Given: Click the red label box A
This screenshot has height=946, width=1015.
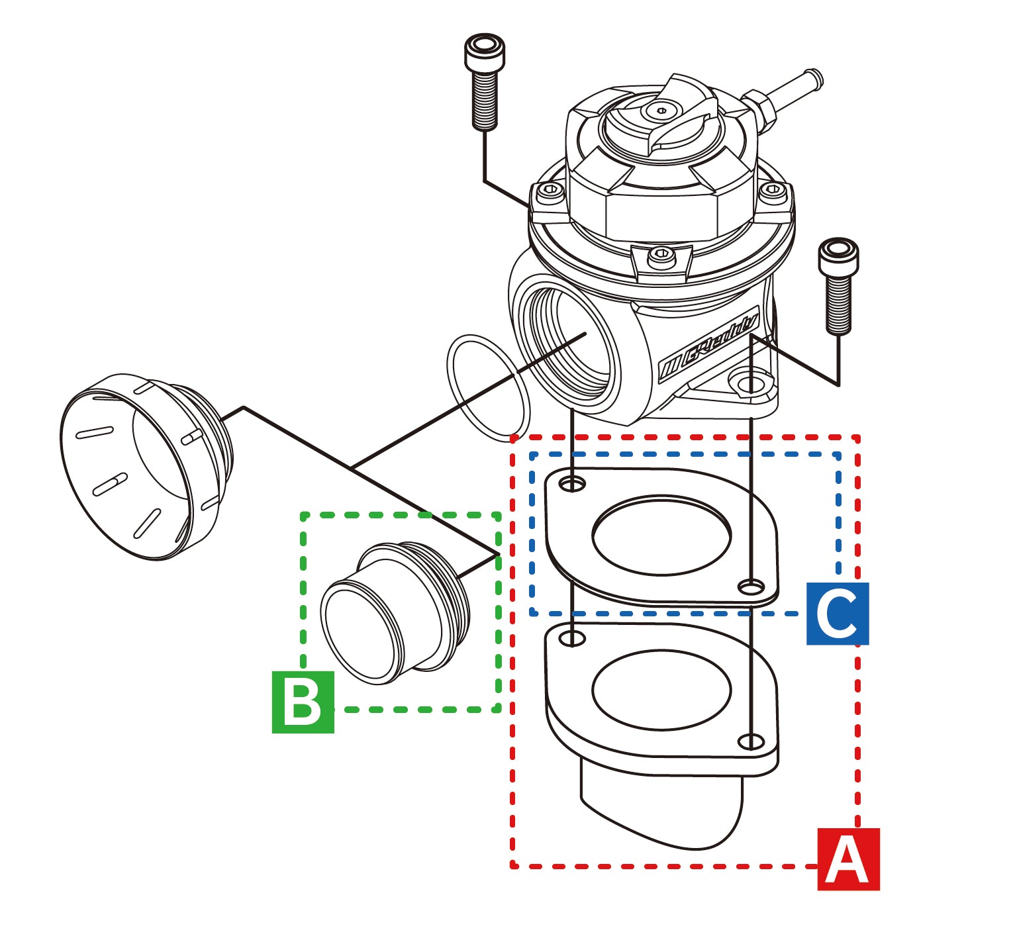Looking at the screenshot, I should pos(848,859).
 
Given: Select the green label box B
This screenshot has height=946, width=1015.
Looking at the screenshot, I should pos(303,702).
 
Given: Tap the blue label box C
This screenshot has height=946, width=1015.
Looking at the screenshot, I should pos(837,614).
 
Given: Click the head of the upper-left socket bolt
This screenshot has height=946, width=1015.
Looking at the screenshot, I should pos(485,52).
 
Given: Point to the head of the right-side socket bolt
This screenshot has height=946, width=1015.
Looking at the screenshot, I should pos(838,256).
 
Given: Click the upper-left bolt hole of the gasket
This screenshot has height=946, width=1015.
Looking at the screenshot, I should pos(572,485).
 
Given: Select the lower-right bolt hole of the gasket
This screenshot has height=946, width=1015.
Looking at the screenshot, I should pos(751,587).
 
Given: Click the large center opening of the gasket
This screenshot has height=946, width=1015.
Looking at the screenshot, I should pos(661,536).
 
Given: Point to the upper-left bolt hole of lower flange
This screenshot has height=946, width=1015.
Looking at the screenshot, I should pos(572,638).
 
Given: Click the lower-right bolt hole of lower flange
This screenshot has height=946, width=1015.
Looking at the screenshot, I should pos(751,741).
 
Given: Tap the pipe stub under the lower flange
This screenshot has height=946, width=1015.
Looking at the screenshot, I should pos(662,808).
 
